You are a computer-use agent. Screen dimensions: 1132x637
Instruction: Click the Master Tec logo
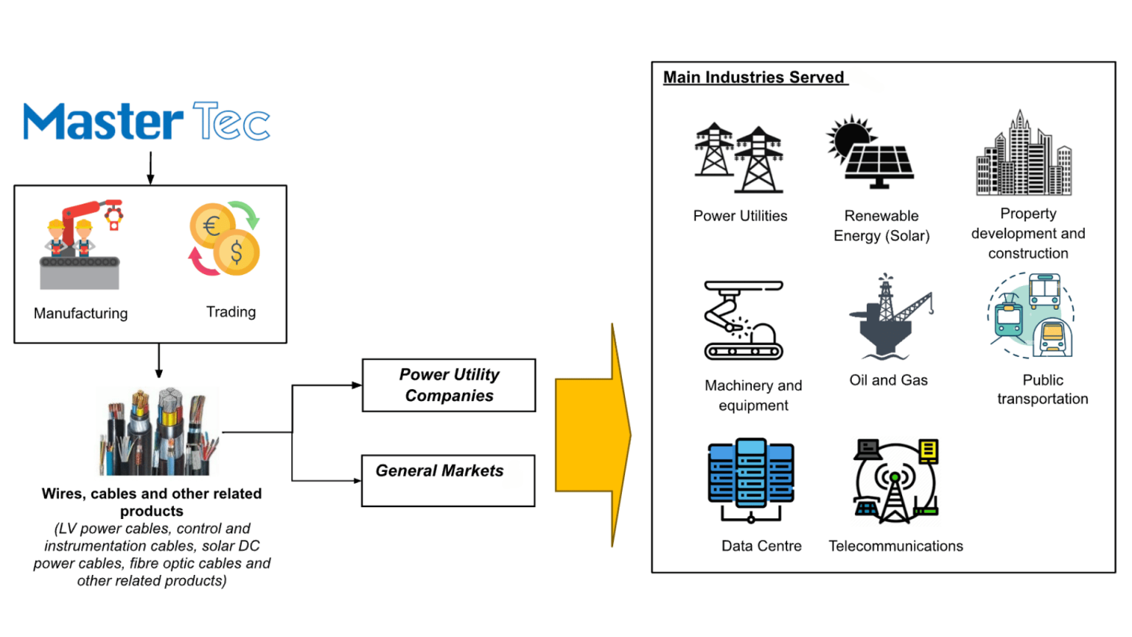coord(147,121)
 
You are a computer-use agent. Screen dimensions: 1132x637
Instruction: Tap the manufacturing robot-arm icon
coord(81,245)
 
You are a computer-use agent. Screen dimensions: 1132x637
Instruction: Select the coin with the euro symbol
coord(212,226)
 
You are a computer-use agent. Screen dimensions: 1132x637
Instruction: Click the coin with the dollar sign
coord(236,251)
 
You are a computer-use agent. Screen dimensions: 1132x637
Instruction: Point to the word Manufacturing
coord(81,313)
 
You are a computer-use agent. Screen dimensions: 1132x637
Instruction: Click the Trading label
coord(231,312)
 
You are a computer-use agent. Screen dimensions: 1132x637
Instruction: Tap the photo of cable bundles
coord(158,431)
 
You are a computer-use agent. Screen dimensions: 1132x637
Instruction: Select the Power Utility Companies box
coord(449,386)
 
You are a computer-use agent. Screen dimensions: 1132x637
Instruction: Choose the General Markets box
coord(448,481)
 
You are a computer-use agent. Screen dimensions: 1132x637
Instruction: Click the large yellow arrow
coord(593,435)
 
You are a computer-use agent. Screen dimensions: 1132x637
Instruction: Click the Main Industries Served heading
coord(754,77)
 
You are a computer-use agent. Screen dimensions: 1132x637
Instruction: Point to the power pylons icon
coord(739,158)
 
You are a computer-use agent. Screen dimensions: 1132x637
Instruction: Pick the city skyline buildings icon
coord(1024,153)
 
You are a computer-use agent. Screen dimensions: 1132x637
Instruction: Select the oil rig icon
coord(890,316)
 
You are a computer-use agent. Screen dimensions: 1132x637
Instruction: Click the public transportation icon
coord(1031,316)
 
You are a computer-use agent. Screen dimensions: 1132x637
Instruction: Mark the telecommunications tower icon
coord(895,481)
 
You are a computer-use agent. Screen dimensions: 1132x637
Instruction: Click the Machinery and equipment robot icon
coord(744,320)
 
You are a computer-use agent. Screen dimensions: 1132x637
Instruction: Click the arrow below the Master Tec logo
coord(150,168)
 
